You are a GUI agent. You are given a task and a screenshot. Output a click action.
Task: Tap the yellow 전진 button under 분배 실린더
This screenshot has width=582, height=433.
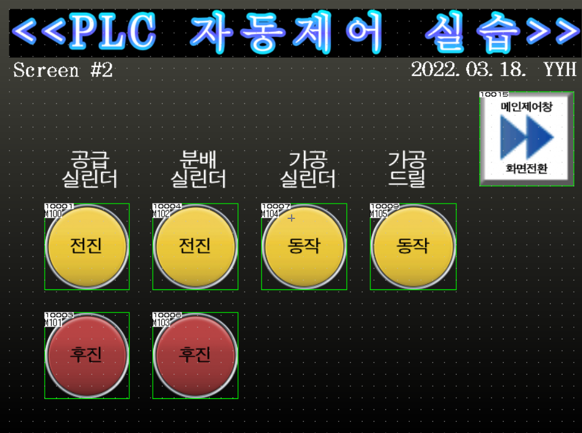point(195,247)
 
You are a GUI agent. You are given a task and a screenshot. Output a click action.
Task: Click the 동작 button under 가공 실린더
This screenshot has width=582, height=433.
point(304,247)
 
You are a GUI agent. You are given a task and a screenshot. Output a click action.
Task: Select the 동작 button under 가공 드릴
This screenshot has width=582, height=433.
point(413,247)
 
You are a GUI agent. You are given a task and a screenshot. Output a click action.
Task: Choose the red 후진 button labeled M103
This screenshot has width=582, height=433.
point(195,355)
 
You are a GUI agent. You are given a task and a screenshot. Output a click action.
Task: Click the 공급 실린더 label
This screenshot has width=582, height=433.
point(90,169)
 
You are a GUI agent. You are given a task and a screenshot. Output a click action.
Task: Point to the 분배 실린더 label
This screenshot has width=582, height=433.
point(198,169)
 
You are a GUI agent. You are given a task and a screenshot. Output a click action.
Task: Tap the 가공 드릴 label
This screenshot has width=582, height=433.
point(407,169)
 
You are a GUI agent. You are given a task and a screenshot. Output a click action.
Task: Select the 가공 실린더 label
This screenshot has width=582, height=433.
point(307,169)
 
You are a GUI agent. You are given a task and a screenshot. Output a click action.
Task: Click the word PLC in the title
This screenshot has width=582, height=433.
point(113,32)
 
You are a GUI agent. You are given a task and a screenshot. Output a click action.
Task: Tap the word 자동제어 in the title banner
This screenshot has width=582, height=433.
point(286,32)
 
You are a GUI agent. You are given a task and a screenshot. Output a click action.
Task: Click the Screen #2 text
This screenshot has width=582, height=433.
point(63,71)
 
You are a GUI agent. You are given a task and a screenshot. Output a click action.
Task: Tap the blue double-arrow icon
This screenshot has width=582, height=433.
point(527,137)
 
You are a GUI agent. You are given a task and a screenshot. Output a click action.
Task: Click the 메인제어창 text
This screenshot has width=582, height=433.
point(527,107)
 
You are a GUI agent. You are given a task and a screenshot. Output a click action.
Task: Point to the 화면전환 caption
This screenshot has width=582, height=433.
point(527,169)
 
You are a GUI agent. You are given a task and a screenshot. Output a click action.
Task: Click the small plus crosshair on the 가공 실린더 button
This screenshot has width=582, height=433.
point(292,218)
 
